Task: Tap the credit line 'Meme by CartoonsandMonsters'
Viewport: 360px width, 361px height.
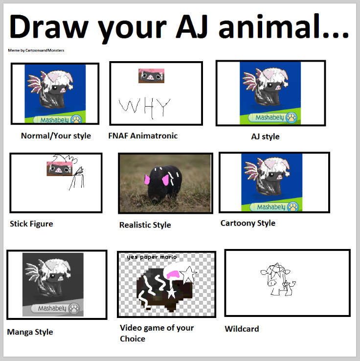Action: (36, 50)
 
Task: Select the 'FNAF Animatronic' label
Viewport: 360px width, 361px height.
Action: (143, 136)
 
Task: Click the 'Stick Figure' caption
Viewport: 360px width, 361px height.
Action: (31, 224)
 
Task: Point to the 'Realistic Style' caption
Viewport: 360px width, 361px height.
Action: (145, 225)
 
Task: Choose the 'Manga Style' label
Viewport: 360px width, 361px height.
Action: (30, 332)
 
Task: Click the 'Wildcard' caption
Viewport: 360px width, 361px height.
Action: (242, 329)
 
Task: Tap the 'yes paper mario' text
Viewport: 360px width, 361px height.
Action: (152, 257)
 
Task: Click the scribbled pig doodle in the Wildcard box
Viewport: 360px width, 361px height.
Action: (278, 279)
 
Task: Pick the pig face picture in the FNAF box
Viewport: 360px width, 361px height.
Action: (151, 76)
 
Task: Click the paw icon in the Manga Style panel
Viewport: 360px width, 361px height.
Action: (74, 308)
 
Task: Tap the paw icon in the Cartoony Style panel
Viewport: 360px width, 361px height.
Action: (293, 207)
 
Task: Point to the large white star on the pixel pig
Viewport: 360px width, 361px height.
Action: (188, 274)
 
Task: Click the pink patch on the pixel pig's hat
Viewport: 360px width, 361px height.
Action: (174, 274)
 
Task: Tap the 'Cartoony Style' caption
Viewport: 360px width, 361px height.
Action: (248, 223)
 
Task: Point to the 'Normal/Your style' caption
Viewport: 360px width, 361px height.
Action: (56, 136)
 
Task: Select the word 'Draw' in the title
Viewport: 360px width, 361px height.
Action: (49, 26)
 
